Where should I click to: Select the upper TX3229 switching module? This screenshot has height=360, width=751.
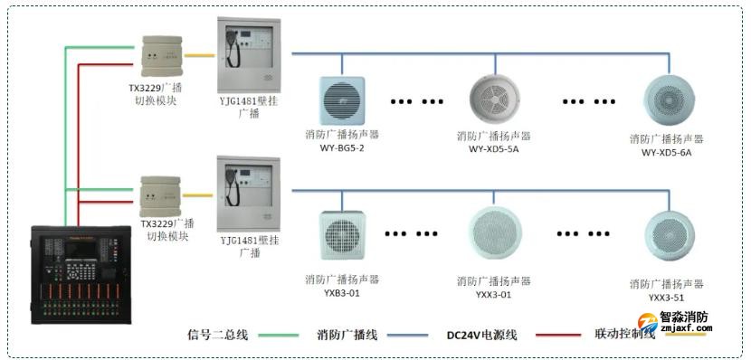(165, 58)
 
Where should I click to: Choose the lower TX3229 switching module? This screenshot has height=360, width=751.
(165, 194)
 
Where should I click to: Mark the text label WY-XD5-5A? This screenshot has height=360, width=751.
(493, 149)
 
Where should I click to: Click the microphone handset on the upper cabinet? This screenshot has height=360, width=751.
(233, 52)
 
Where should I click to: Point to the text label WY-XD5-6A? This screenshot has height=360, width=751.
(666, 152)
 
